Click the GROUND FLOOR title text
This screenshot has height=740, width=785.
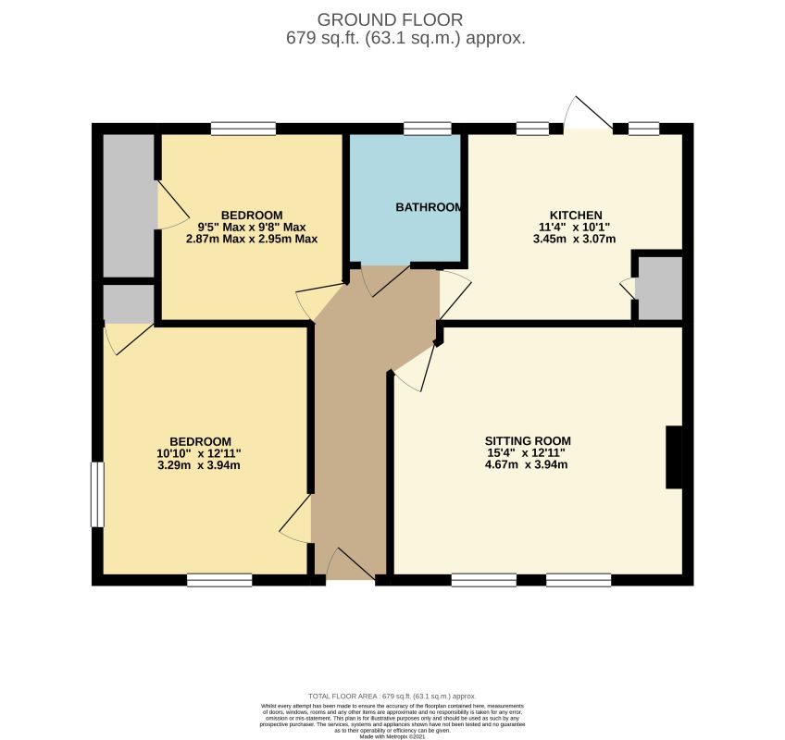click(390, 19)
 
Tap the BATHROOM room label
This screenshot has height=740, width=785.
click(428, 207)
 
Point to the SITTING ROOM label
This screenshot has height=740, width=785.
click(527, 440)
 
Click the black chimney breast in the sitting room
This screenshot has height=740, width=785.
click(674, 457)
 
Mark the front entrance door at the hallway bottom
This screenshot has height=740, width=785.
click(348, 567)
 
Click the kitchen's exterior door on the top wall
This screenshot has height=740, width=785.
click(587, 117)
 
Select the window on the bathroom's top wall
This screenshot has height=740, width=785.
click(427, 129)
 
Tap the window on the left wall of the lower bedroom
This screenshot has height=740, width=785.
click(97, 495)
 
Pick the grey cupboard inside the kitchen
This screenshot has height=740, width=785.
click(660, 289)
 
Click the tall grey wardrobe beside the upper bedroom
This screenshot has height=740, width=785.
click(128, 205)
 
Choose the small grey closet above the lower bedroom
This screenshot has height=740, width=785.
click(128, 303)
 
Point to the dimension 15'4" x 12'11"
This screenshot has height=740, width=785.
click(527, 453)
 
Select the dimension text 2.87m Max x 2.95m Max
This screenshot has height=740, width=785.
click(251, 239)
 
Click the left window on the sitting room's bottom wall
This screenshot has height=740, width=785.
click(483, 580)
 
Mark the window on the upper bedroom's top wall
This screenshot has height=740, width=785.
click(243, 129)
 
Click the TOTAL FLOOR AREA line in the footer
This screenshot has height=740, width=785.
click(392, 696)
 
